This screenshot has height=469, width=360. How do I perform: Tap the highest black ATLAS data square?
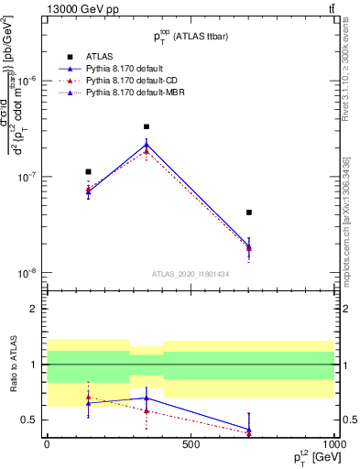point(147,127)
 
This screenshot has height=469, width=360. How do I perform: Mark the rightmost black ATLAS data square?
point(249,213)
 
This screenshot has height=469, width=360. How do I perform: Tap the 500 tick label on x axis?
point(191,444)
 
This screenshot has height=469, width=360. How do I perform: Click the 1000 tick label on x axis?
point(333,444)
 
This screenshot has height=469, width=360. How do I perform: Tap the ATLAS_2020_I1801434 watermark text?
point(191,275)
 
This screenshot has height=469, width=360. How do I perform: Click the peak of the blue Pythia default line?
point(147,144)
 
